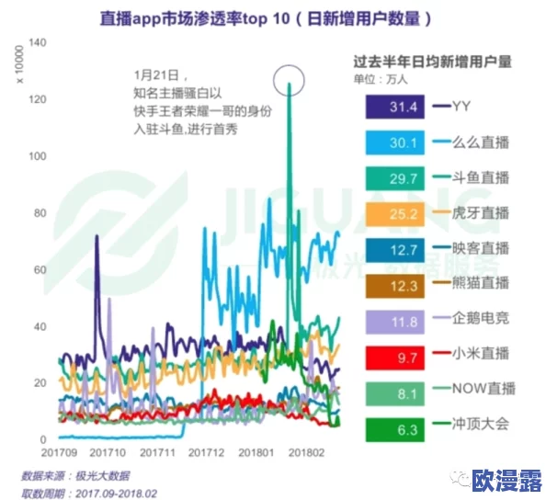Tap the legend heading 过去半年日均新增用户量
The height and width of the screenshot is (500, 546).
[432, 62]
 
